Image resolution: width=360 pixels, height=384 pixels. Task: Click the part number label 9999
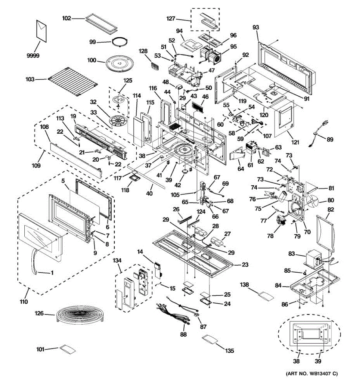pos(33,56)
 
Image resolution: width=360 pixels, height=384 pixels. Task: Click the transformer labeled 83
pos(314,257)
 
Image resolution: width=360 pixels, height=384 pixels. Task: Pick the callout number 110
pos(24,301)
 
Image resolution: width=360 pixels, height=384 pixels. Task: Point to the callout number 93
pos(256,28)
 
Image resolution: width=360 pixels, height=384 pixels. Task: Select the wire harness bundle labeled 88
pos(174,314)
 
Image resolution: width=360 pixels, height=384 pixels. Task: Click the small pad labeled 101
pos(68,349)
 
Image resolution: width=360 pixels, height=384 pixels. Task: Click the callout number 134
pos(117,261)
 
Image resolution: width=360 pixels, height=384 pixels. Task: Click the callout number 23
pos(245,265)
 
